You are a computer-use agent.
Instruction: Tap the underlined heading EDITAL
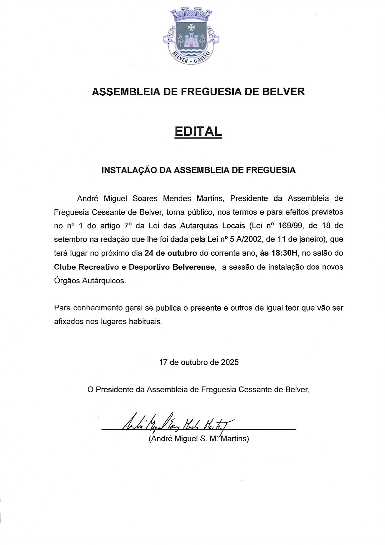point(198,131)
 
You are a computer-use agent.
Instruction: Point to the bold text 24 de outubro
point(171,253)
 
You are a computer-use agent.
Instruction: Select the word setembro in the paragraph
point(70,239)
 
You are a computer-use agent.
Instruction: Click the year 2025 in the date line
point(230,362)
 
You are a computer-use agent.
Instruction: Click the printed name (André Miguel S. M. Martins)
point(199,439)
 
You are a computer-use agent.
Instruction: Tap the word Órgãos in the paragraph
point(67,281)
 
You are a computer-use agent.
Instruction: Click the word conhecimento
point(98,308)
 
